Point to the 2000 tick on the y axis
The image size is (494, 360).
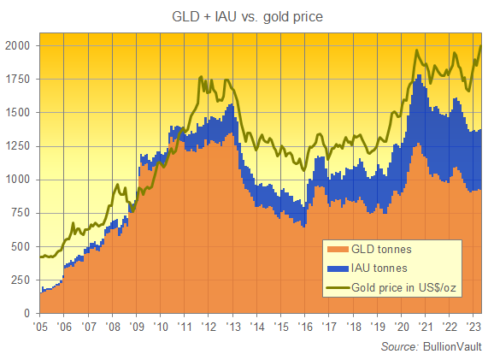[18, 45]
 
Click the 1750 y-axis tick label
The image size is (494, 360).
[18, 80]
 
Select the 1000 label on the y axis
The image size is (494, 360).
[18, 180]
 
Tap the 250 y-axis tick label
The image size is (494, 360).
[21, 280]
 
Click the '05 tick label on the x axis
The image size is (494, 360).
[39, 327]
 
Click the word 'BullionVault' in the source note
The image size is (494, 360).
[453, 346]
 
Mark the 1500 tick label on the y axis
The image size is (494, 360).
[18, 113]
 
